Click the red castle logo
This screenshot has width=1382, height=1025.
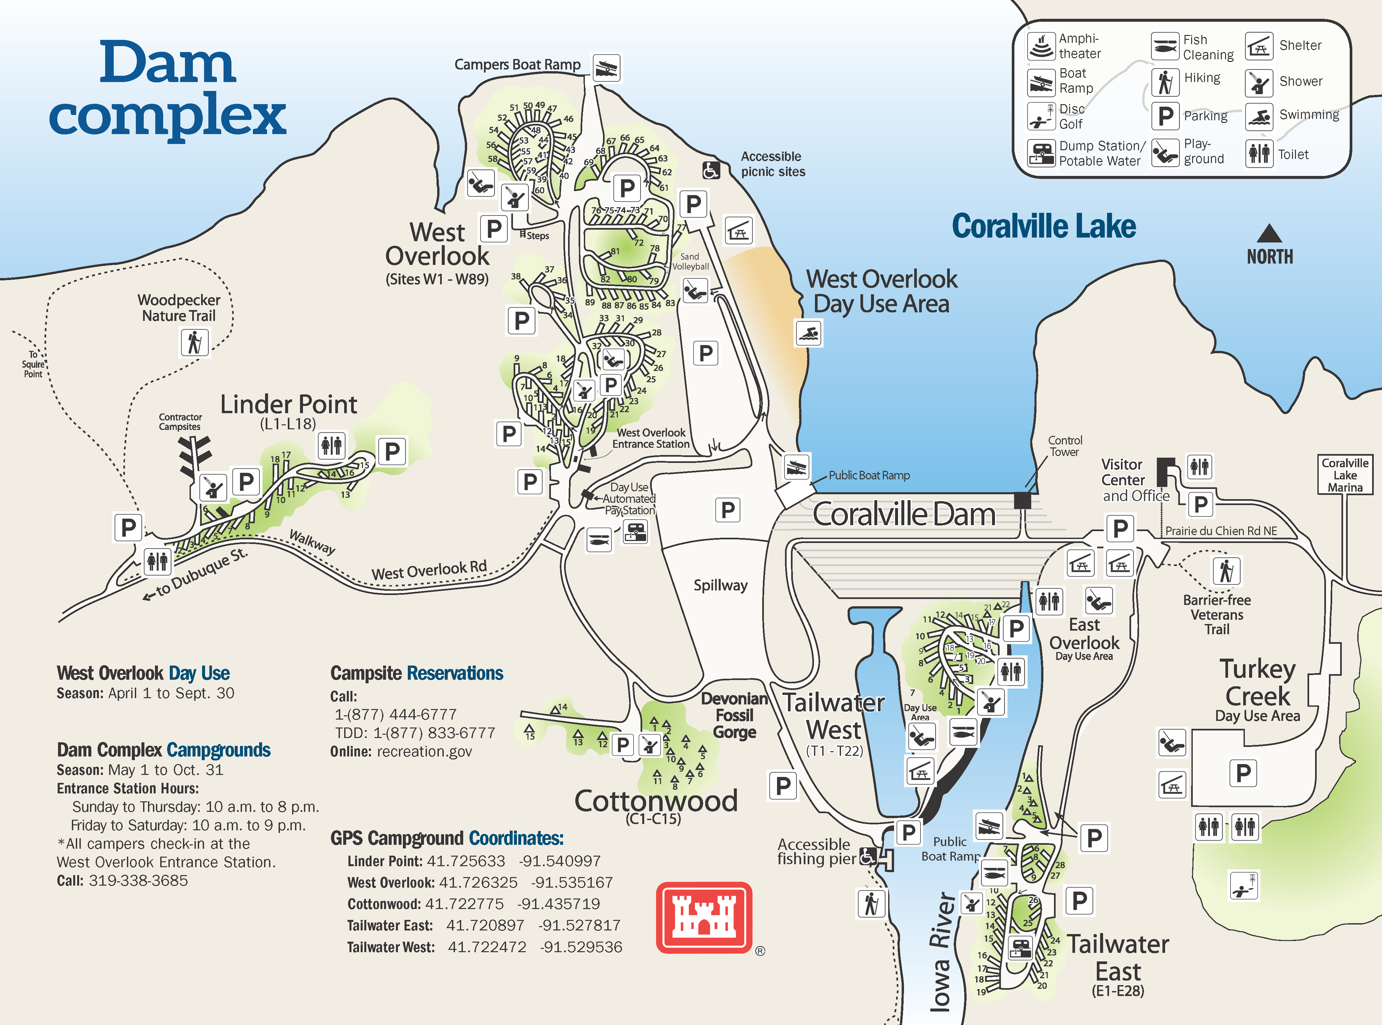(x=704, y=917)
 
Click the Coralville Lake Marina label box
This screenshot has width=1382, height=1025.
(x=1345, y=475)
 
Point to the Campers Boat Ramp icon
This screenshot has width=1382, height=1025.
(x=606, y=68)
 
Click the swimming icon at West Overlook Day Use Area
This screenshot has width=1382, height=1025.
(x=808, y=333)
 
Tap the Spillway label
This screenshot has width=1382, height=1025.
(x=720, y=585)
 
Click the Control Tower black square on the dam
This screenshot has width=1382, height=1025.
(x=1022, y=500)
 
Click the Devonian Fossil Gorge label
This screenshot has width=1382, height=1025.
(x=735, y=715)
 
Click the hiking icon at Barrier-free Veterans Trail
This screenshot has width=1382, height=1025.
(x=1226, y=570)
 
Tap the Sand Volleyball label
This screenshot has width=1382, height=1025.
(x=690, y=261)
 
